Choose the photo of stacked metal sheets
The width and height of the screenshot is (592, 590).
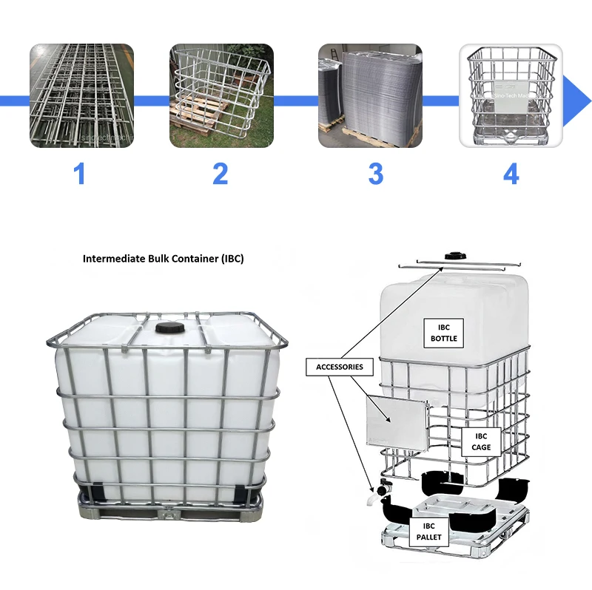370,95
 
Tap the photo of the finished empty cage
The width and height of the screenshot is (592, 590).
511,95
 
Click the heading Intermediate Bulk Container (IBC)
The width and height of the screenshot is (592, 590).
163,260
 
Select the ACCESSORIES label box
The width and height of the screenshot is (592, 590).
339,367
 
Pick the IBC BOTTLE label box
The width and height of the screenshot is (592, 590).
444,333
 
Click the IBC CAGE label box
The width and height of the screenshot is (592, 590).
481,442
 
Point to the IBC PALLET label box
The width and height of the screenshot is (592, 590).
429,531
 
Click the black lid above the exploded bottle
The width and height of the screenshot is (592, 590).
453,256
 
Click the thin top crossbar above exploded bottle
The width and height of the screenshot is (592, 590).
459,264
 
